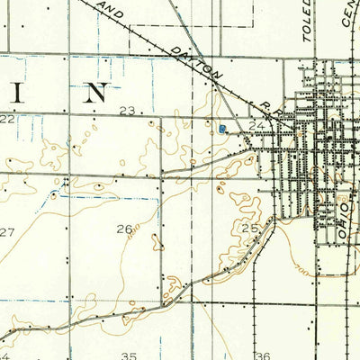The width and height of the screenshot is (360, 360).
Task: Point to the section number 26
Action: pyautogui.click(x=124, y=229)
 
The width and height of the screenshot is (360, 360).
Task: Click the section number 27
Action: pyautogui.click(x=7, y=232)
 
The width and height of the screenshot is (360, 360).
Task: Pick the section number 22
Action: pyautogui.click(x=7, y=118)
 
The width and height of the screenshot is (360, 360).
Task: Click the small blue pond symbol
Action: pyautogui.click(x=221, y=130)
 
